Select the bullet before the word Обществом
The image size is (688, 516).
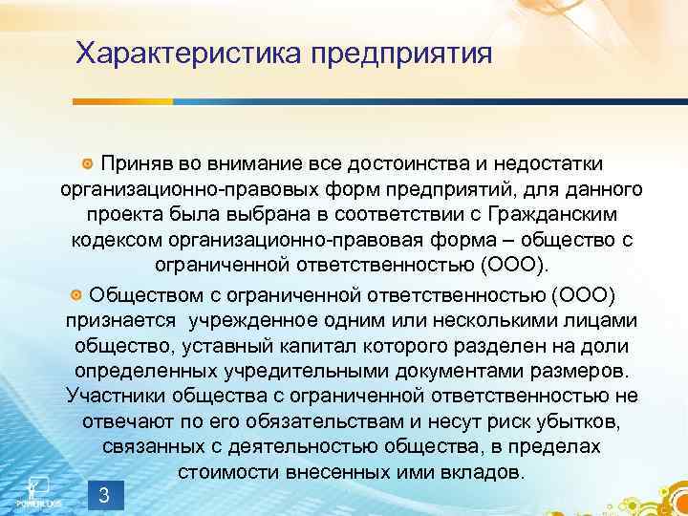[76, 292]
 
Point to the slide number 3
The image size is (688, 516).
[104, 495]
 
